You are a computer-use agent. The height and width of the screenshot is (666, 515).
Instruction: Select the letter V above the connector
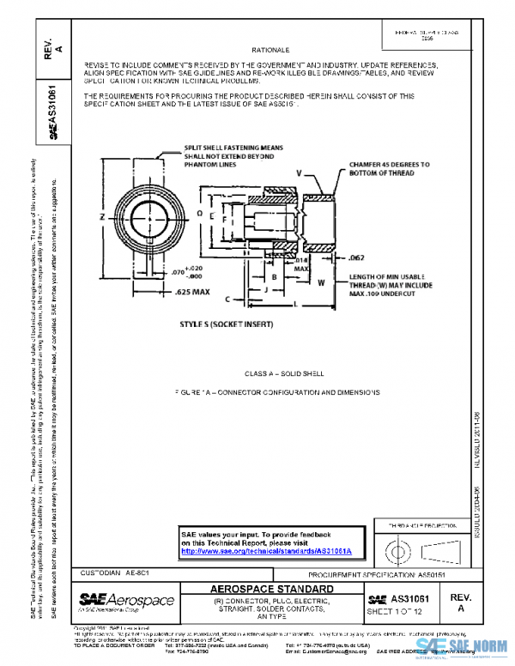click(x=299, y=173)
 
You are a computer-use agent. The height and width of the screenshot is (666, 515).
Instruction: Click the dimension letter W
click(x=320, y=281)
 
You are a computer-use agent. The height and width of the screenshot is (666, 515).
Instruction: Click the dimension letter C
click(x=227, y=300)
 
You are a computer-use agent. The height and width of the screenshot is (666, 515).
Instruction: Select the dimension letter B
click(x=272, y=277)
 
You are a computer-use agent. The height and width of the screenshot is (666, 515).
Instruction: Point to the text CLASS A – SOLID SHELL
click(x=273, y=374)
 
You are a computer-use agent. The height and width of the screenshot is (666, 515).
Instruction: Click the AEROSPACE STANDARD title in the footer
click(x=272, y=589)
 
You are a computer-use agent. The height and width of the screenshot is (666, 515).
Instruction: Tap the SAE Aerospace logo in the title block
click(x=126, y=600)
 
